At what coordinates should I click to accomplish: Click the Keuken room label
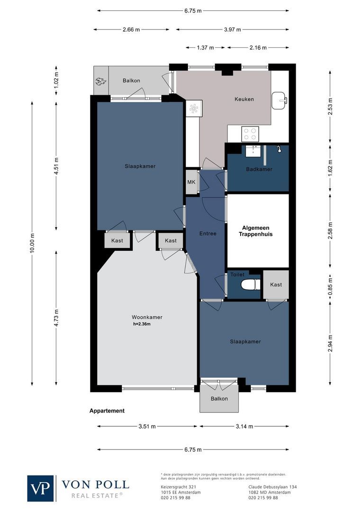click(x=244, y=99)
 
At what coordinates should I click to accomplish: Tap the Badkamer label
click(x=259, y=169)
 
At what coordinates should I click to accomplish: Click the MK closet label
click(x=191, y=182)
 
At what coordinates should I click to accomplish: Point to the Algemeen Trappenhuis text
click(x=255, y=231)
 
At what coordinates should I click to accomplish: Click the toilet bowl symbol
click(x=251, y=284)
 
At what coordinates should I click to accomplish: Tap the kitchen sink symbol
click(x=279, y=99)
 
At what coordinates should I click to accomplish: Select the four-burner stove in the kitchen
click(x=250, y=134)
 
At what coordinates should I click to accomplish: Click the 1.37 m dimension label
click(x=206, y=47)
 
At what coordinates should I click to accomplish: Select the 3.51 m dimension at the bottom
click(x=147, y=426)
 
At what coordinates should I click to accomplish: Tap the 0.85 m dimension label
click(x=331, y=285)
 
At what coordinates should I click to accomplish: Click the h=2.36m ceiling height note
click(x=142, y=324)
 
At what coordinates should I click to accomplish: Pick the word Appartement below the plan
click(x=107, y=411)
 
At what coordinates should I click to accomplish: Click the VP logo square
click(x=41, y=488)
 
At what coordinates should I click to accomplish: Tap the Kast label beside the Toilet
click(x=276, y=284)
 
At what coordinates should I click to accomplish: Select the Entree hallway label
click(x=208, y=233)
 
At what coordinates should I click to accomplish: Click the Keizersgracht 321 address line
click(x=176, y=487)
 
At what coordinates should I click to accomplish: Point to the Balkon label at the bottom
click(x=219, y=399)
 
